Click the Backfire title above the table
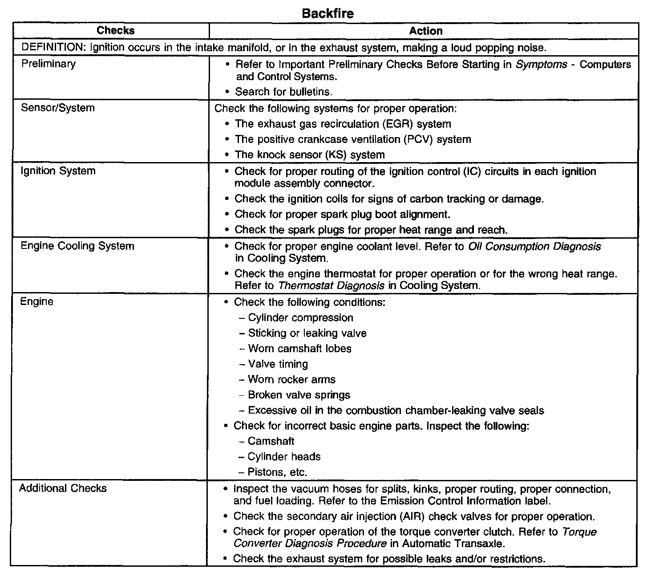pyautogui.click(x=327, y=13)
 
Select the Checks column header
pyautogui.click(x=115, y=31)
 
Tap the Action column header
pyautogui.click(x=425, y=31)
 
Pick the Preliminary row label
pyautogui.click(x=49, y=64)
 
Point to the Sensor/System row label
pyautogui.click(x=57, y=108)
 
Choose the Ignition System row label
pyautogui.click(x=58, y=171)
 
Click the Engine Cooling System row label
pyautogui.click(x=77, y=246)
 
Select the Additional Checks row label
pyautogui.click(x=63, y=488)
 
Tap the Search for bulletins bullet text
pyautogui.click(x=284, y=92)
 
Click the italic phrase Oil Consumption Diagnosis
pyautogui.click(x=534, y=247)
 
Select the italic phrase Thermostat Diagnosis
pyautogui.click(x=331, y=286)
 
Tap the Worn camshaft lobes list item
pyautogui.click(x=299, y=349)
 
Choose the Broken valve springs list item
pyautogui.click(x=299, y=395)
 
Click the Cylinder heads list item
pyautogui.click(x=284, y=457)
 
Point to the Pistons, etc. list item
pyautogui.click(x=277, y=472)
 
